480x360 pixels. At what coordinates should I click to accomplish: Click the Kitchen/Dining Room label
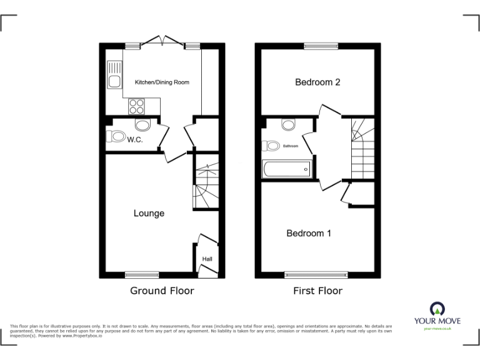click(x=162, y=82)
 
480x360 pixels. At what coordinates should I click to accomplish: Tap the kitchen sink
click(x=114, y=74)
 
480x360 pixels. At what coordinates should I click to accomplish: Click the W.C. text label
click(x=135, y=140)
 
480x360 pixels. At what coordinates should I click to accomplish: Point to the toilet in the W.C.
click(x=116, y=135)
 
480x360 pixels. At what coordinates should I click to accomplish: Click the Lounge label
click(x=149, y=214)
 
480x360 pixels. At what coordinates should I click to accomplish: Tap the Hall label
click(x=206, y=258)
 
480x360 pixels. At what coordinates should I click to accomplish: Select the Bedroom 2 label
click(x=317, y=82)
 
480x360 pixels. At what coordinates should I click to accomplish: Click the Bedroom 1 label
click(x=309, y=233)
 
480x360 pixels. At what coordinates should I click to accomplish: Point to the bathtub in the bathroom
click(x=287, y=169)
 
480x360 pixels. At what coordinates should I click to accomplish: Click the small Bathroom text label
click(x=290, y=146)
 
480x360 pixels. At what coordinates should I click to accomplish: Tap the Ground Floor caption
click(x=162, y=291)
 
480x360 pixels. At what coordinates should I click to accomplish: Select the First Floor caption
click(x=317, y=291)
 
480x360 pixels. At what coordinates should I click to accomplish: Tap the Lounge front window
click(x=142, y=274)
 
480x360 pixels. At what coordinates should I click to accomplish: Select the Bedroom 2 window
click(x=321, y=46)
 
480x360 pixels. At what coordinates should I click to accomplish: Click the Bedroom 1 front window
click(x=316, y=274)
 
